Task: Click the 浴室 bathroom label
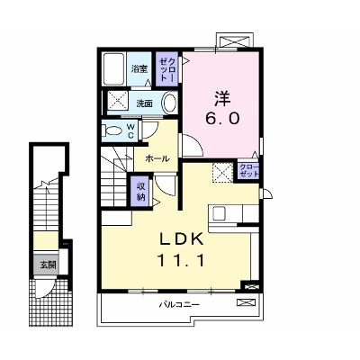coord(139,68)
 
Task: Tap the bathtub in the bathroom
coord(113,69)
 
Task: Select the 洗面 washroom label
coord(145,103)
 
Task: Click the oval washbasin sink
coord(169,103)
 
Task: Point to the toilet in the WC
coord(111,130)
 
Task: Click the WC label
coord(130,130)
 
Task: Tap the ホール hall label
coord(157,158)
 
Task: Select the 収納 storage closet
coord(140,192)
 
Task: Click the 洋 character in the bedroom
coord(222,98)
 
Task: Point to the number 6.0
coord(222,119)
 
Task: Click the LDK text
coord(181,239)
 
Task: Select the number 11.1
coord(181,260)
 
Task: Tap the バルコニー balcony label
coord(179,305)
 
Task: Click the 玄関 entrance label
coord(49,265)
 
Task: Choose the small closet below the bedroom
coord(248,171)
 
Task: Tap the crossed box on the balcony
coord(247,302)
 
